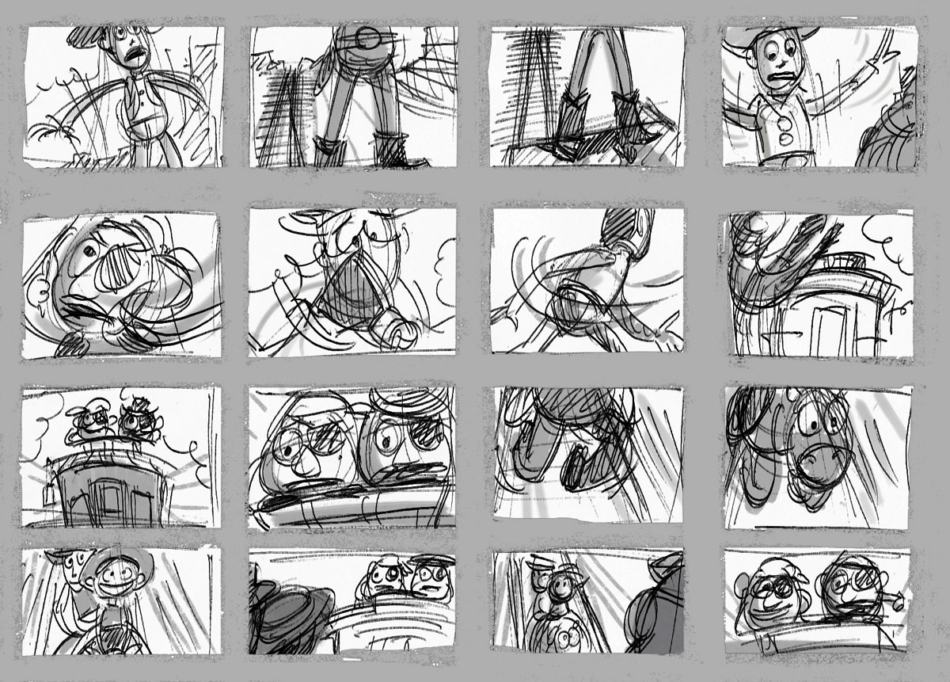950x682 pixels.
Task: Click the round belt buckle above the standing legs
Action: [368, 37]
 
